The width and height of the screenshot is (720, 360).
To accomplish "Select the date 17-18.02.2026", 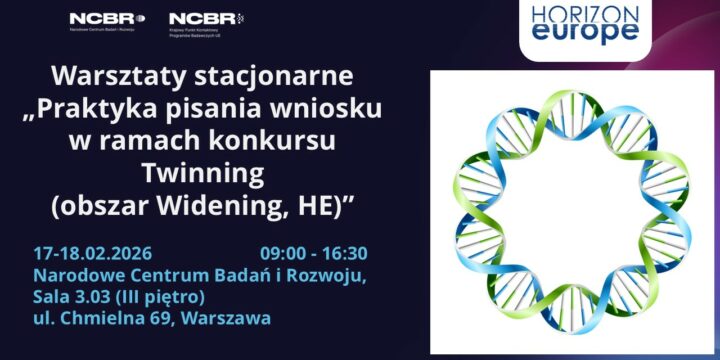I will point(92,253).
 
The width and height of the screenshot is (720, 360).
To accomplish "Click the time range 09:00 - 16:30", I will point(314,253).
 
